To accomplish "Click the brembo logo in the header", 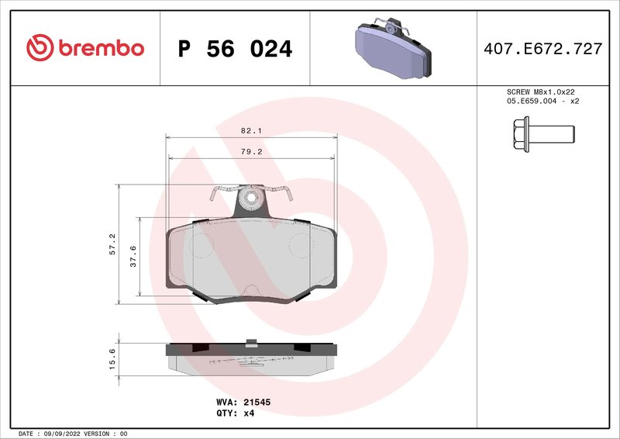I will point(85,48).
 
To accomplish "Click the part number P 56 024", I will point(235,49).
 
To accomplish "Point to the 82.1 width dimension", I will point(252,132).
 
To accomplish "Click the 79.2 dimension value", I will point(252,152).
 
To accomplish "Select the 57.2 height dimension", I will point(112,244).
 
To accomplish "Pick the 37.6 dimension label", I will point(133,256).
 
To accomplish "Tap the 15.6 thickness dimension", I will point(112,360).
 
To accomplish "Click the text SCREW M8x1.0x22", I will point(542,92).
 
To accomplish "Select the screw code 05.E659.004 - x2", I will point(542,102).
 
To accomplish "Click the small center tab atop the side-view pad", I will point(250,341).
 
